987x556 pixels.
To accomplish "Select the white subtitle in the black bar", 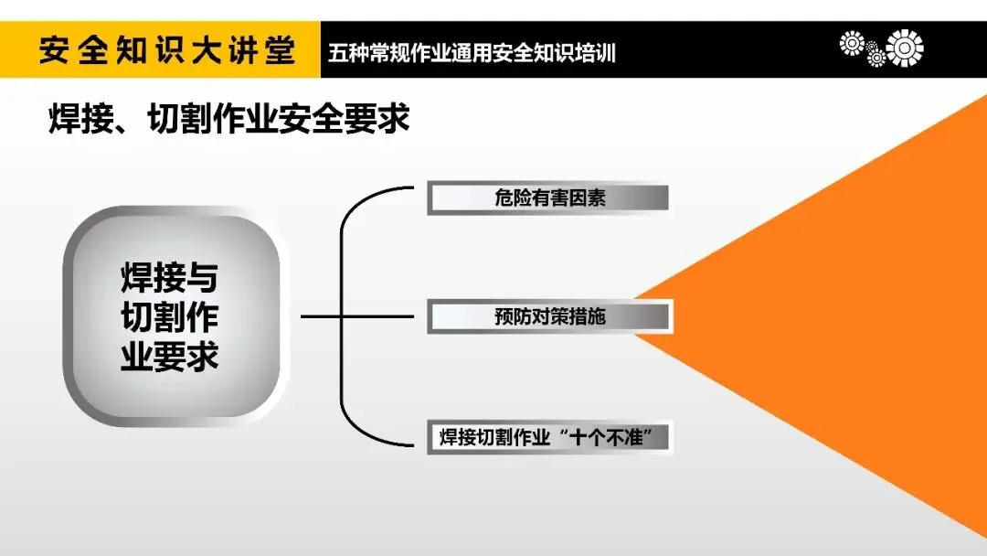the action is pyautogui.click(x=472, y=52).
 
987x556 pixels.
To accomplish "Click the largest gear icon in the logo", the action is pyautogui.click(x=905, y=48).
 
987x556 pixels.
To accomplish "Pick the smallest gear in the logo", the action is pyautogui.click(x=876, y=57).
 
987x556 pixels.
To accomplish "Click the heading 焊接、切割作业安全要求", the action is pyautogui.click(x=229, y=120).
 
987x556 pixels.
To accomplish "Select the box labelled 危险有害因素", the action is pyautogui.click(x=548, y=198).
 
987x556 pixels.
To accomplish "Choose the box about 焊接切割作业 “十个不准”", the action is pyautogui.click(x=549, y=437).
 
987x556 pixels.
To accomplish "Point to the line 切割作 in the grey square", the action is pyautogui.click(x=170, y=317).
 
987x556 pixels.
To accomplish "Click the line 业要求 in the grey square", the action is pyautogui.click(x=170, y=357).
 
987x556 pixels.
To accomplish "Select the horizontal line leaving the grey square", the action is pyautogui.click(x=320, y=317).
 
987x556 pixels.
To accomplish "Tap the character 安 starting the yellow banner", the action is pyautogui.click(x=55, y=50).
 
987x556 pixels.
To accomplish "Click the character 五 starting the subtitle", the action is pyautogui.click(x=337, y=52).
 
